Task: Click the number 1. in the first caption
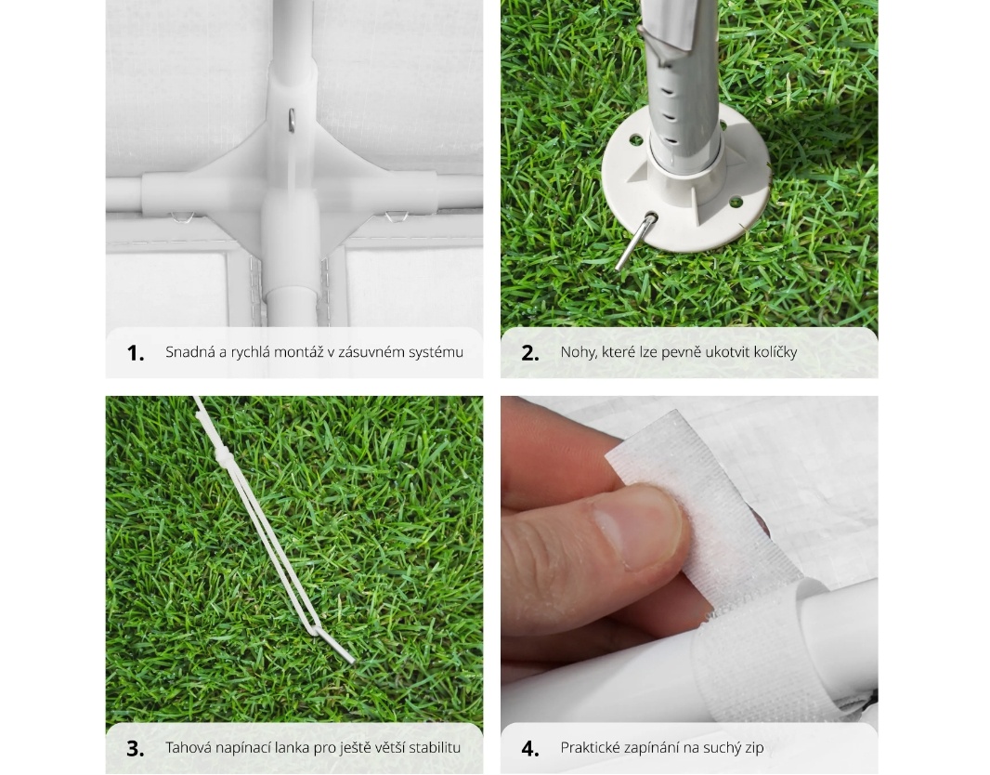135,353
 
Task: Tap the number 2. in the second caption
529,353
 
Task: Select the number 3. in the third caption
135,748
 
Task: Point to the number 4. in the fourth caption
530,748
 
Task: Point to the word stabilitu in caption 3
435,748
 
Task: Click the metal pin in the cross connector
291,120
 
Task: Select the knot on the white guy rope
221,455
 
